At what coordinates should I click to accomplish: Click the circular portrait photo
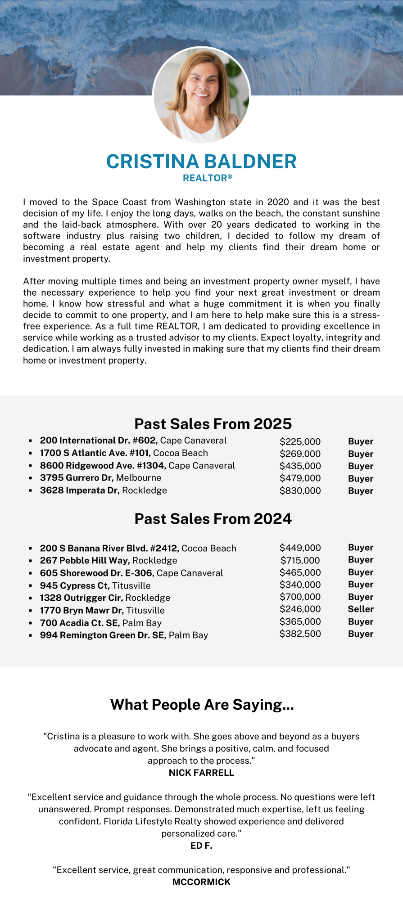201,95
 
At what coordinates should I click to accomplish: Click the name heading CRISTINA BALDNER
201,162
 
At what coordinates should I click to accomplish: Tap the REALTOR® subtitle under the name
208,178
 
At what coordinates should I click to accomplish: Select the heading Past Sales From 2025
213,424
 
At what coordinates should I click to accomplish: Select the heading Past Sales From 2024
213,519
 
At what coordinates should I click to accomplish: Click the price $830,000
300,490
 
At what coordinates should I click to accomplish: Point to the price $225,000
300,441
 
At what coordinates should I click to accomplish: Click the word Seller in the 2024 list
361,609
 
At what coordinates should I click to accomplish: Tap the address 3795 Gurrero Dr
77,478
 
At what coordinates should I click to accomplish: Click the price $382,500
300,634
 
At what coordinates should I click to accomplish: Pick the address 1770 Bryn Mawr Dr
82,611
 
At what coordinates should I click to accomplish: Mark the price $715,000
300,561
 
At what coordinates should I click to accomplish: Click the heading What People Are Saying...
202,705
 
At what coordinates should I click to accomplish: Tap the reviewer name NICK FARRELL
201,773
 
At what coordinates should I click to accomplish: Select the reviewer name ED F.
201,846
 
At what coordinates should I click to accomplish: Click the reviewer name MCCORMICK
201,882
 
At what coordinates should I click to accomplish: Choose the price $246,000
300,609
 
